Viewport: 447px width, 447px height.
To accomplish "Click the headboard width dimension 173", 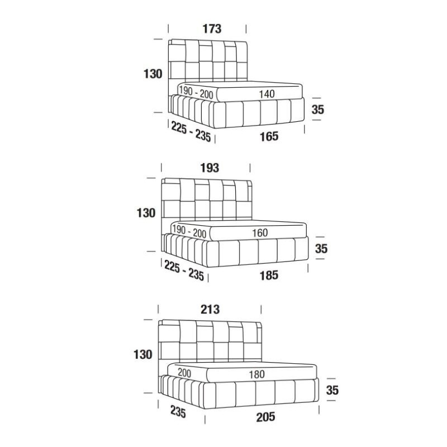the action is click(x=212, y=29).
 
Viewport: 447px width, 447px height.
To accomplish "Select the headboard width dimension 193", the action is click(x=210, y=168).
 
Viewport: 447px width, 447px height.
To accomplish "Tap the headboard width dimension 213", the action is click(x=210, y=310).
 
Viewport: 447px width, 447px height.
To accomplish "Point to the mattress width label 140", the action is click(x=267, y=94).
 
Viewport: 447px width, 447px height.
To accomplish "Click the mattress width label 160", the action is click(x=260, y=233).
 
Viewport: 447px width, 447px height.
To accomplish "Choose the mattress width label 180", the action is click(x=257, y=374).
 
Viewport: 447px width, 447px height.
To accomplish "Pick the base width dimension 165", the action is click(x=269, y=136).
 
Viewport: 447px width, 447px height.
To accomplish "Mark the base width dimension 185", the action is click(x=269, y=275).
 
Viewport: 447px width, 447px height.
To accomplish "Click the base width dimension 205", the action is click(x=266, y=417).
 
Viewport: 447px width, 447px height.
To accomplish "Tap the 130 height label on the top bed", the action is click(x=153, y=74).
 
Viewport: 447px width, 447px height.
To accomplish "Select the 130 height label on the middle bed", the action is click(x=146, y=213).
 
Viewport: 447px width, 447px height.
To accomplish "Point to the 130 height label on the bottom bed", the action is click(x=143, y=354).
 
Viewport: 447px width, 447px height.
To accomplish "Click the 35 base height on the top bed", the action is click(x=318, y=109).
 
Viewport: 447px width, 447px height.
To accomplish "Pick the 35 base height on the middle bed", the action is click(x=321, y=248).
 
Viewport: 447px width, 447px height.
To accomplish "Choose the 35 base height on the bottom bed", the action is click(x=332, y=389).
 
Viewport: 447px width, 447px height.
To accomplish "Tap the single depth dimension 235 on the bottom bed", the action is click(x=178, y=412).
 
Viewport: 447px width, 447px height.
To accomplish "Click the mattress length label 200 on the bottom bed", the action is click(x=184, y=373).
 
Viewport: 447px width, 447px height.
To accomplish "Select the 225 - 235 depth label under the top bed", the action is click(x=191, y=132).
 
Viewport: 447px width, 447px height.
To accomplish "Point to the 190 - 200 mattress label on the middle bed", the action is click(x=189, y=231).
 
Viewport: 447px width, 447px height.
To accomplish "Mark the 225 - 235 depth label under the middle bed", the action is click(x=184, y=271).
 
